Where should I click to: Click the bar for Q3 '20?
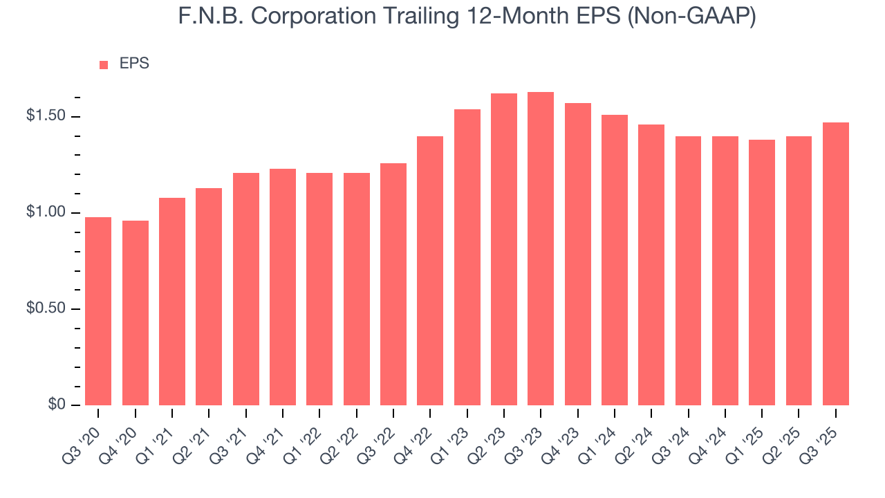point(98,311)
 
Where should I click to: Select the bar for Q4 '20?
point(136,313)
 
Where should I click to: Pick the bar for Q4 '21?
point(283,287)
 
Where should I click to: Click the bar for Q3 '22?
point(393,284)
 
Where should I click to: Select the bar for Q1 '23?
point(467,257)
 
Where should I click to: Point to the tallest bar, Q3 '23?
point(541,248)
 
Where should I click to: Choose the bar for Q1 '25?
point(762,273)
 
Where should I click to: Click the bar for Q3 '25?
point(836,264)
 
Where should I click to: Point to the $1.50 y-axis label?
point(46,116)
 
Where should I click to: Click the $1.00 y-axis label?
point(46,212)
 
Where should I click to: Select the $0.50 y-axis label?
point(46,308)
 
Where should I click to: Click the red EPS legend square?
point(104,64)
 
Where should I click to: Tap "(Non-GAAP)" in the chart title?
point(691,16)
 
